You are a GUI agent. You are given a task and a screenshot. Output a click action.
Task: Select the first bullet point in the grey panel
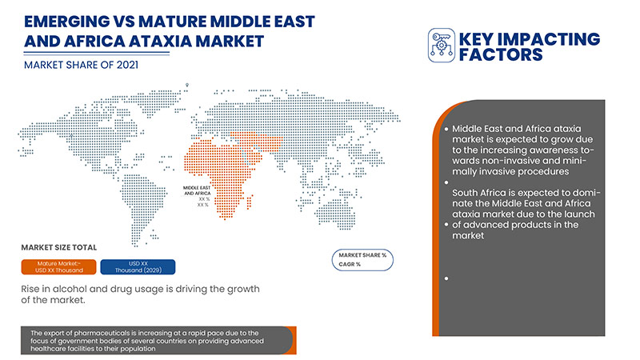coord(446,128)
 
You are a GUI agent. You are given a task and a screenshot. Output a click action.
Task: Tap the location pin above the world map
coord(186,83)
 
